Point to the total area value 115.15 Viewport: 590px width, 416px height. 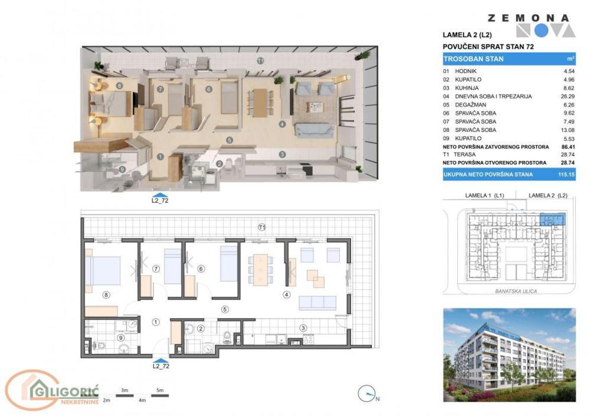click(x=566, y=174)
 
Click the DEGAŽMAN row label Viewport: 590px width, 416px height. click(x=472, y=104)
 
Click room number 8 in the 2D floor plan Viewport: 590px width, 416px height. click(x=106, y=295)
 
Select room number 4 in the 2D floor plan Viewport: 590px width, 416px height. click(x=286, y=295)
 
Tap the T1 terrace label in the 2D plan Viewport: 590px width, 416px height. click(x=262, y=227)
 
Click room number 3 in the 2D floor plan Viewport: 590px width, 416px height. click(x=303, y=328)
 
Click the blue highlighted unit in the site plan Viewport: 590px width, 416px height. click(x=552, y=220)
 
